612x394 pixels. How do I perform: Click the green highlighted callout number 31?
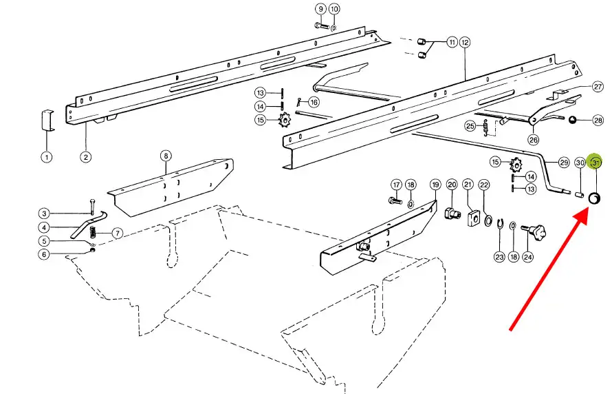(595, 162)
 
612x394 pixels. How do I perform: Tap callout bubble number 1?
(47, 158)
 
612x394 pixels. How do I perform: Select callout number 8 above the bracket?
(166, 156)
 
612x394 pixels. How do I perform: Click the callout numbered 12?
(464, 42)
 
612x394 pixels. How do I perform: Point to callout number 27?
(598, 86)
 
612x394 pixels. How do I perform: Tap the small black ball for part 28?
(572, 120)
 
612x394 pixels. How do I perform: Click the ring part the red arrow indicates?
(594, 198)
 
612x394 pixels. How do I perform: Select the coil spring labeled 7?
(93, 233)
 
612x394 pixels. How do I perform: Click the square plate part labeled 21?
(472, 218)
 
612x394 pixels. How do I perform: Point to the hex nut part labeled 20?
(452, 214)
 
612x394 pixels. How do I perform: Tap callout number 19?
(435, 185)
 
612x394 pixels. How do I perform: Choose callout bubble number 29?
(564, 162)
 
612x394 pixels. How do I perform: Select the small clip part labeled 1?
(47, 121)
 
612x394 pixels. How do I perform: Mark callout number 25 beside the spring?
(470, 126)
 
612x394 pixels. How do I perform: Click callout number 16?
(314, 103)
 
